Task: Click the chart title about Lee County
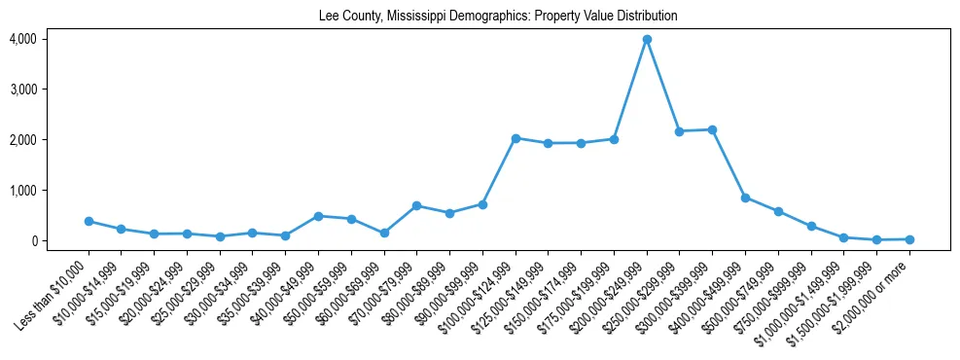pos(497,17)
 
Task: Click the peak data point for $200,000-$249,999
pos(647,40)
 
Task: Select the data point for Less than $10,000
pos(89,222)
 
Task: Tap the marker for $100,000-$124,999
pos(516,138)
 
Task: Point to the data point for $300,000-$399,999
pos(712,129)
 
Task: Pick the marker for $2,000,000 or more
pos(909,239)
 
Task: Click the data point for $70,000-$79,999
pos(416,206)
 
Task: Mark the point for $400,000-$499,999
pos(745,198)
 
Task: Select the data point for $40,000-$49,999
pos(318,216)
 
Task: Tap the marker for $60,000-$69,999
pos(384,234)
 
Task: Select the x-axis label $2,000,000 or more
pos(880,286)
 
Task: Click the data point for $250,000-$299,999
pos(680,131)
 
